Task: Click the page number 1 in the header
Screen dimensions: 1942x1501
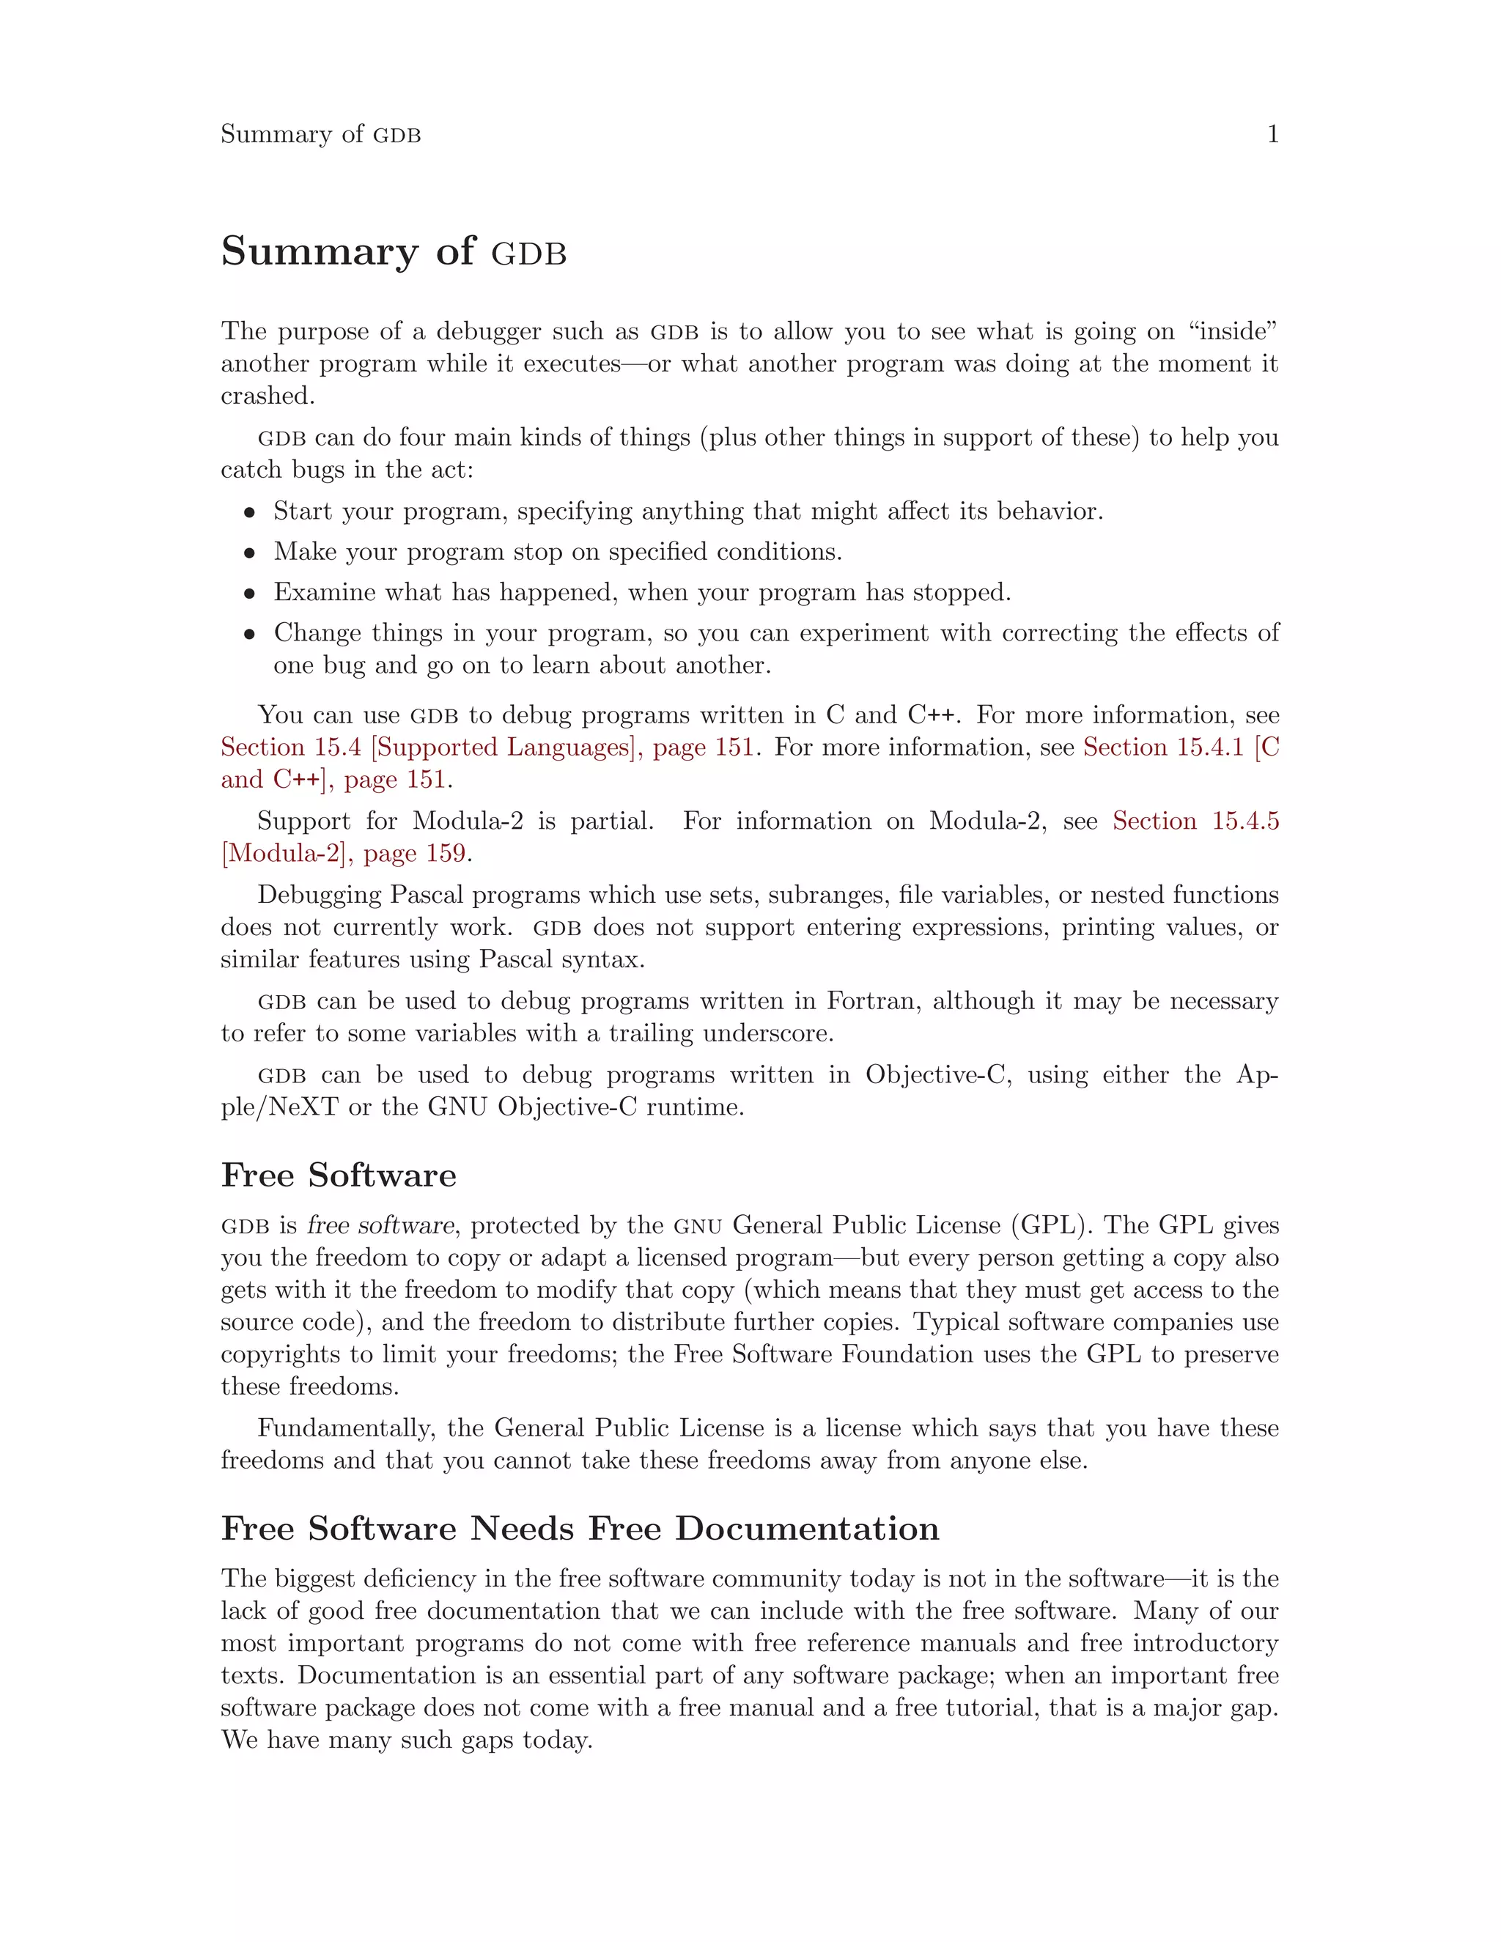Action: [1272, 134]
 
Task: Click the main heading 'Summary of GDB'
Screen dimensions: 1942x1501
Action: [393, 251]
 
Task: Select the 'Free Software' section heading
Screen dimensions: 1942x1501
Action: [338, 1175]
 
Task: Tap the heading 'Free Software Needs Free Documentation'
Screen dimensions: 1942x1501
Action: [579, 1528]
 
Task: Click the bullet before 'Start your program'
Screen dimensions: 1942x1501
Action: [250, 513]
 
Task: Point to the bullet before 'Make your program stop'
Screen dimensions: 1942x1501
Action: [250, 553]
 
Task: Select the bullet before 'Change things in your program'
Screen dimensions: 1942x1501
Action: [250, 634]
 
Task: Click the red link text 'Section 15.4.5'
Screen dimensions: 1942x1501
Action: [1195, 821]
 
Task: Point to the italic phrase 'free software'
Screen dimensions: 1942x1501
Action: [380, 1225]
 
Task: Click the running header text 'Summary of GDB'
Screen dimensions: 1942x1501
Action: [320, 134]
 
